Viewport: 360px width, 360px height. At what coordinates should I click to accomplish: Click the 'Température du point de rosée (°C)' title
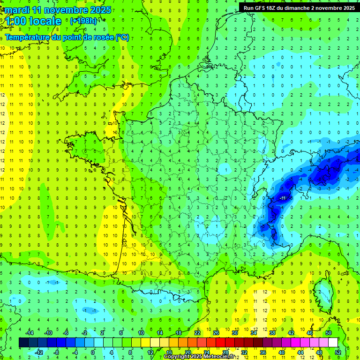67,37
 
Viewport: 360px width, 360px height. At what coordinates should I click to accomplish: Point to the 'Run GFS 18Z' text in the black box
263,8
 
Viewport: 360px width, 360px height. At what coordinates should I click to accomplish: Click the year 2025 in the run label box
346,8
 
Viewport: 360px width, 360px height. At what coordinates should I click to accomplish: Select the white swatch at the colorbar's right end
333,343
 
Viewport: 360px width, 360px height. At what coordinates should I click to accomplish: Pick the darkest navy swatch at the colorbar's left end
23,343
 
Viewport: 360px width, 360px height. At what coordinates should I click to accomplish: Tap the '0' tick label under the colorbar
93,352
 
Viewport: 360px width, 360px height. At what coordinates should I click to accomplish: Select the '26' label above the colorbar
216,333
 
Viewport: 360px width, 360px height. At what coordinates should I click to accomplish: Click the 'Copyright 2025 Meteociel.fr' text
199,357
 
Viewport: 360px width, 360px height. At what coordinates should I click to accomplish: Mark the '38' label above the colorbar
272,333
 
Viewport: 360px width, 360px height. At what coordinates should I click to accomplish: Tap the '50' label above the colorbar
328,333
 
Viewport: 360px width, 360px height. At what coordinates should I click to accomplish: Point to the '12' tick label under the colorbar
150,352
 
